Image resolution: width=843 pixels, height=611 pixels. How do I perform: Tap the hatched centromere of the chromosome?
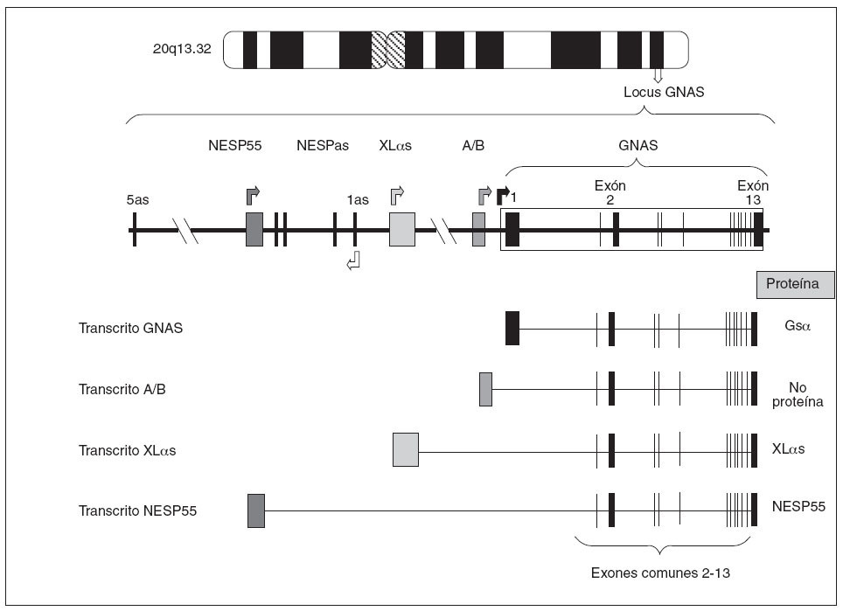(387, 50)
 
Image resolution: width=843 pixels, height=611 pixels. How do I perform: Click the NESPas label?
(323, 146)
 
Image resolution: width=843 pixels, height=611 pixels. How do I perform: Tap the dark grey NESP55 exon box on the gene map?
(254, 229)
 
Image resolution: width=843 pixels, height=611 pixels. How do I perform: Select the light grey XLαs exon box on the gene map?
(402, 229)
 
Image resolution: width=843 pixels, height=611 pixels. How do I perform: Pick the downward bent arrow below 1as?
(354, 260)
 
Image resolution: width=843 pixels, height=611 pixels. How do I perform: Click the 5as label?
(139, 199)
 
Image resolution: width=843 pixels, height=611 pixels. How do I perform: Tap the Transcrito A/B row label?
(122, 389)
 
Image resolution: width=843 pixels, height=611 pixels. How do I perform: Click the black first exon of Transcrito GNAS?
(512, 328)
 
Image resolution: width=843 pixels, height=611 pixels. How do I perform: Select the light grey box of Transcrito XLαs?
(406, 449)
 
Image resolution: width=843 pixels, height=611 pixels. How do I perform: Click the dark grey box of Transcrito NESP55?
(255, 510)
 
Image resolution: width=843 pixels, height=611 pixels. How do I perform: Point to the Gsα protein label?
(798, 328)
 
